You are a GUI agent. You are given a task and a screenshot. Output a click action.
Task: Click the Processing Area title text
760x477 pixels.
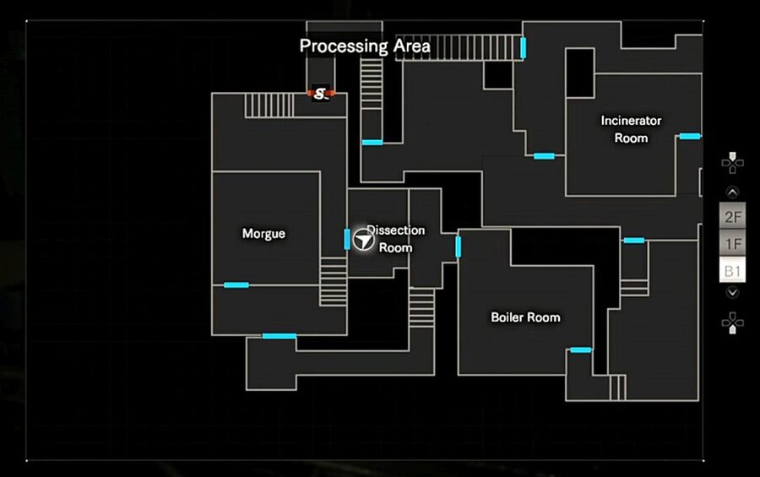click(365, 46)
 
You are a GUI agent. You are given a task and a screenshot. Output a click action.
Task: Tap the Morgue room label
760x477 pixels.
click(263, 234)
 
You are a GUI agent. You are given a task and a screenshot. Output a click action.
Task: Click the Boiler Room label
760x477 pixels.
click(525, 317)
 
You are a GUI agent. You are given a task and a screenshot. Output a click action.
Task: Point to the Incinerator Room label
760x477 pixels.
click(631, 129)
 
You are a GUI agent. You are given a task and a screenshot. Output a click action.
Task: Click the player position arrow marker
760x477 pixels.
click(364, 241)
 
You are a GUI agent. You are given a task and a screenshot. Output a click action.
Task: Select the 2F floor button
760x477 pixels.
click(733, 217)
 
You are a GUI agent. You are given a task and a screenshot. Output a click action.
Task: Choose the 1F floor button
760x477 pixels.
click(733, 244)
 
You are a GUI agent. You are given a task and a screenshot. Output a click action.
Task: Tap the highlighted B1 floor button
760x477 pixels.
click(733, 271)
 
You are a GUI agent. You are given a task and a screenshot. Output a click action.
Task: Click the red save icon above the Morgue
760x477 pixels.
click(320, 93)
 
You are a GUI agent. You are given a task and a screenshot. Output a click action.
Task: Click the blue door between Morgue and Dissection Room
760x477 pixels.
click(347, 239)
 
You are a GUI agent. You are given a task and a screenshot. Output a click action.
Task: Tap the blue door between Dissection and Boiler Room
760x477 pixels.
click(459, 247)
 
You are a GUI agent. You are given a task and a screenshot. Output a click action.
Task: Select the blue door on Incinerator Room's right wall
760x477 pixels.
click(690, 136)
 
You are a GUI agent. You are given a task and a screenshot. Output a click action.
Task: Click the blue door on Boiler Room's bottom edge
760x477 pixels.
click(580, 350)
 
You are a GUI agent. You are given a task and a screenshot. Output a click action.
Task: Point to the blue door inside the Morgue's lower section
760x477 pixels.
click(236, 285)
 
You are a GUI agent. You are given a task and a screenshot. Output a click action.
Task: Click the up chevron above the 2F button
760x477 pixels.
click(733, 192)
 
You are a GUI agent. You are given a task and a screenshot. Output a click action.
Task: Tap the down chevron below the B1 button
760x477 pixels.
click(733, 292)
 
